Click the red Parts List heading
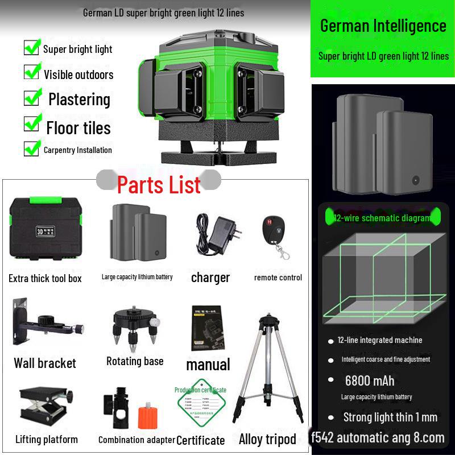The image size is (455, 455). (x=159, y=185)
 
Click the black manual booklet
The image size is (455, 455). (x=208, y=330)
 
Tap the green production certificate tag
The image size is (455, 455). (x=200, y=406)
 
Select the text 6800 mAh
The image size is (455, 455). (x=369, y=380)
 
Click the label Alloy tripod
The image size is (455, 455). (x=267, y=439)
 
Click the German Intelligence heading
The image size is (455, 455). (x=383, y=26)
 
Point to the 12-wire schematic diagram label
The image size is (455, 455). (x=382, y=218)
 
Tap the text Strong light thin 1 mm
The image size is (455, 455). (x=390, y=417)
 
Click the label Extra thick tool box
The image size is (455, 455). (x=45, y=278)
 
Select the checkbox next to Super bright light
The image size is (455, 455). (x=32, y=47)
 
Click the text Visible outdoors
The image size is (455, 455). (x=78, y=75)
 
